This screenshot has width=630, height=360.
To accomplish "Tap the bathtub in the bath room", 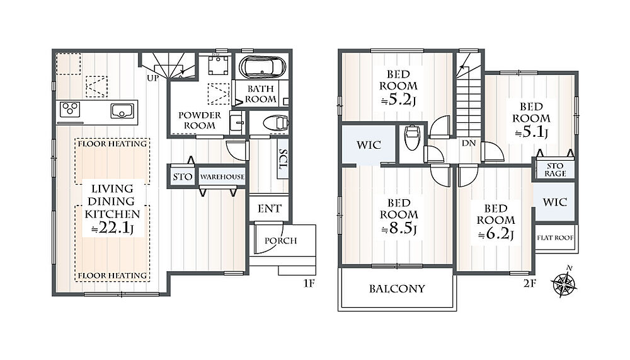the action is [x=263, y=67].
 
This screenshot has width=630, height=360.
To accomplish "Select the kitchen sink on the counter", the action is [x=122, y=111].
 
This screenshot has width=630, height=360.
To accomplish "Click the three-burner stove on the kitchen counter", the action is [x=70, y=110].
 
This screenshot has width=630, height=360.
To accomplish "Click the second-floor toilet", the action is [x=412, y=137].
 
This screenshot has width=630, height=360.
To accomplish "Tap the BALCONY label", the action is [x=397, y=289].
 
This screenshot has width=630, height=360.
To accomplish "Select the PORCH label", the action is [x=280, y=241].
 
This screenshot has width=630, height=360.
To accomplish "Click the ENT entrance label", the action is [x=269, y=209].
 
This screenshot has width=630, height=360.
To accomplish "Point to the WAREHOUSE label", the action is [x=222, y=177].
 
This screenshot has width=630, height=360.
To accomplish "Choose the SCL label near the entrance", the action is [x=283, y=159].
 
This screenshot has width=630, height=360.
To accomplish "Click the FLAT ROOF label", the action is [x=555, y=238].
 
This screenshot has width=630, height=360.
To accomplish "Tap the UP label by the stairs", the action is [x=152, y=78].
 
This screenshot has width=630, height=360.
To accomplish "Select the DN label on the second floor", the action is [x=469, y=143].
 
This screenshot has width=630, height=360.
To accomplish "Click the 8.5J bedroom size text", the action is [x=399, y=228].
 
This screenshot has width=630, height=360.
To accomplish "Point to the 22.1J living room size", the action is [x=112, y=228].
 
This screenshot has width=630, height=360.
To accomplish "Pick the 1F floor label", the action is [x=309, y=284].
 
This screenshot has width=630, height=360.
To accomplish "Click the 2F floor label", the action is [x=530, y=284].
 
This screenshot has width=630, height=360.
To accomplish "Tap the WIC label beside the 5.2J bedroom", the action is [x=369, y=145].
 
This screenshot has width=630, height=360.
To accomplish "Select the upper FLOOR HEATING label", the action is [x=112, y=144].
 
